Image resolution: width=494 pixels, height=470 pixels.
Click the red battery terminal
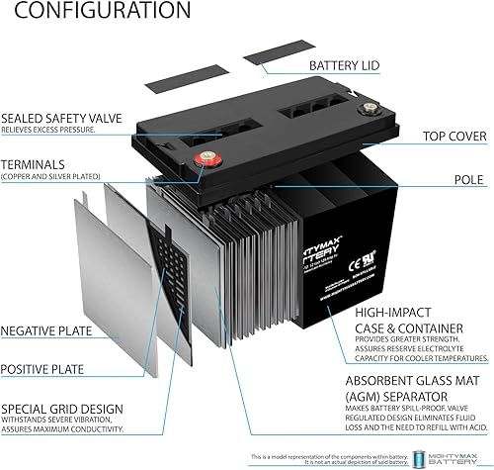[x=208, y=155]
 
